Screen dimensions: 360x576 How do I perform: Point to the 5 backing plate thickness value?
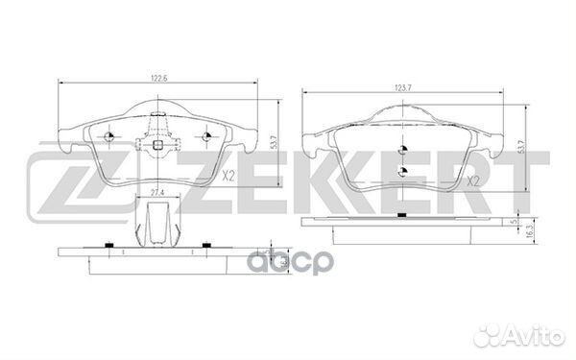(x=516, y=222)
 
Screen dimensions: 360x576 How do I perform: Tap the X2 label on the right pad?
(x=471, y=178)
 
